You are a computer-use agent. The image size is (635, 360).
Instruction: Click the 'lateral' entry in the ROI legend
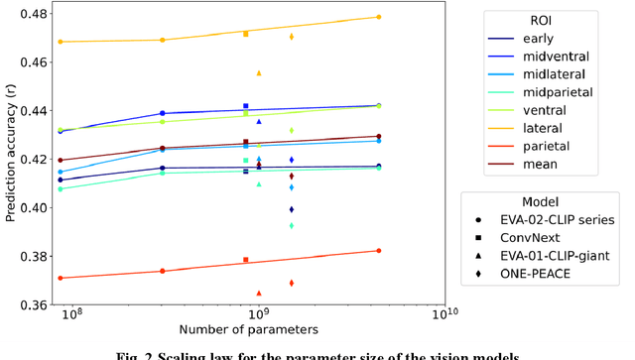click(543, 128)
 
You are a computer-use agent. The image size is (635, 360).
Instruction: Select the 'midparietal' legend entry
click(557, 92)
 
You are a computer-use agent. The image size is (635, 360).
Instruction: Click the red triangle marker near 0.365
click(259, 294)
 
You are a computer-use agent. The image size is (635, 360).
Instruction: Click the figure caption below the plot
click(317, 353)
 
